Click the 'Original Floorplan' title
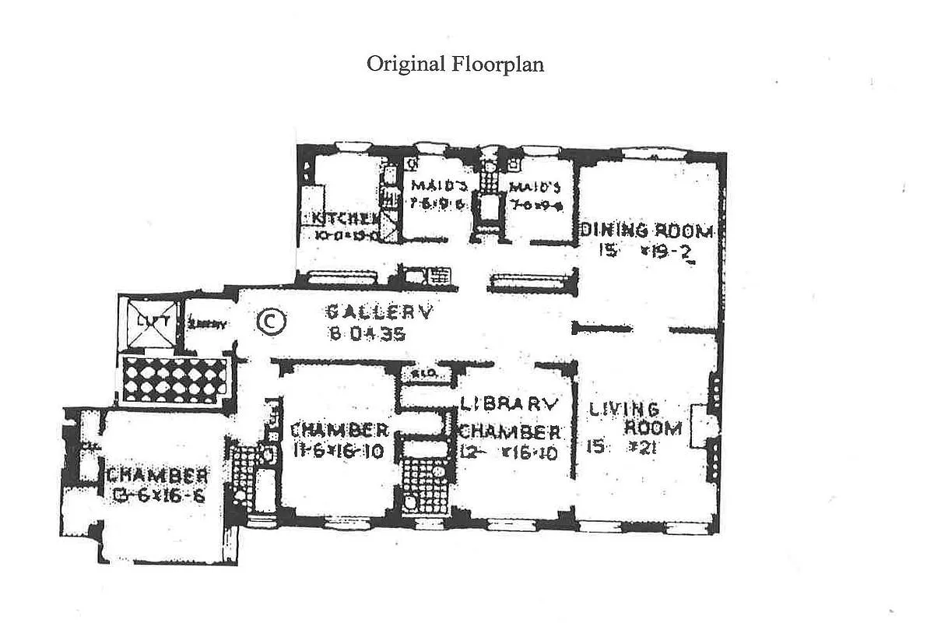[x=455, y=64]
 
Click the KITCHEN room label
[x=342, y=219]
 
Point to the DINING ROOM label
[x=646, y=231]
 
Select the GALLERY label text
[x=378, y=313]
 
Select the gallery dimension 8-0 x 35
[x=363, y=335]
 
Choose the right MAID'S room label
[x=535, y=188]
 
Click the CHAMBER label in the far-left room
[x=158, y=475]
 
